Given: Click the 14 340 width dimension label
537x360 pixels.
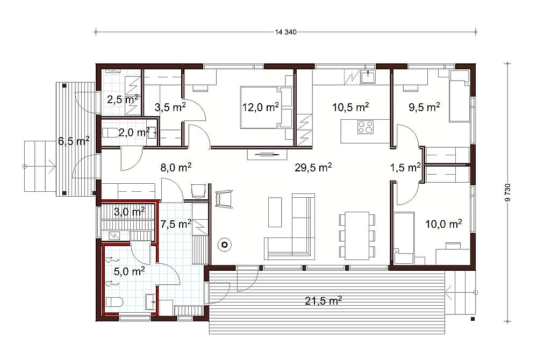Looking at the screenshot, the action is pos(285,32).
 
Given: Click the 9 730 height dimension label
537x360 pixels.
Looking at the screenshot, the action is pos(508,192).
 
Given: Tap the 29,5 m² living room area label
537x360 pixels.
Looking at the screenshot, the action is pos(313,167).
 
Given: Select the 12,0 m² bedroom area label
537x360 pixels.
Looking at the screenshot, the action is pos(261,107).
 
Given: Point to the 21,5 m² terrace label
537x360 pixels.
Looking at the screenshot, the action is pos(323,301).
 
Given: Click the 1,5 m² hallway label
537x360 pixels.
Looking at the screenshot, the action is pos(405,167).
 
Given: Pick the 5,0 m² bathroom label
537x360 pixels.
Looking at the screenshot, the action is pos(129,271).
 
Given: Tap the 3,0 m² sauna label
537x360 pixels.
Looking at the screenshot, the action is pos(129,212).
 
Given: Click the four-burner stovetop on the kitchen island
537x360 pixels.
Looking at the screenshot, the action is pos(366,127).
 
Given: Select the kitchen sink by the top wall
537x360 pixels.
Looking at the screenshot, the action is pos(368,76).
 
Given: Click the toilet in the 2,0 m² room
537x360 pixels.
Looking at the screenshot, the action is pos(109,133).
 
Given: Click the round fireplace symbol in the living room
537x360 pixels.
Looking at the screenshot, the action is pos(225,244).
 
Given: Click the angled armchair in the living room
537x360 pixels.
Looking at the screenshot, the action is pos(224,198).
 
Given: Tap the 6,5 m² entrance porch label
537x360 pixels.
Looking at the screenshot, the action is pos(74,141).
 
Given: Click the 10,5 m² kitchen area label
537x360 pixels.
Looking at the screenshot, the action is pos(350,107).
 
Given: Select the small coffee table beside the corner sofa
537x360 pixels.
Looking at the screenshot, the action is pos(275,212).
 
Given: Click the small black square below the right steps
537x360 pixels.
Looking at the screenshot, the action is pos(472,319).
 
